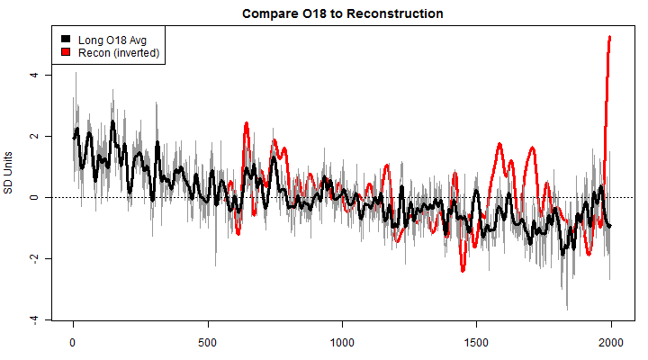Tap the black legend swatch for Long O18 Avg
(x=66, y=40)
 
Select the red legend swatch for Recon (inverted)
(x=66, y=53)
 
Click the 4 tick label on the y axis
(x=34, y=75)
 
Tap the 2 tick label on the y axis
(x=34, y=136)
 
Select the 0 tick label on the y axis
(x=34, y=197)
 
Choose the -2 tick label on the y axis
(x=34, y=259)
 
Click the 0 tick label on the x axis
(x=73, y=343)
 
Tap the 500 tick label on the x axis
(x=208, y=343)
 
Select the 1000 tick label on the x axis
(x=342, y=343)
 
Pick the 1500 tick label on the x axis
(x=476, y=343)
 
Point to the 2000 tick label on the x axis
(x=611, y=343)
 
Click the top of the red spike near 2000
(x=610, y=37)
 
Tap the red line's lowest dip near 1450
(x=463, y=269)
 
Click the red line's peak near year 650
(x=246, y=123)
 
